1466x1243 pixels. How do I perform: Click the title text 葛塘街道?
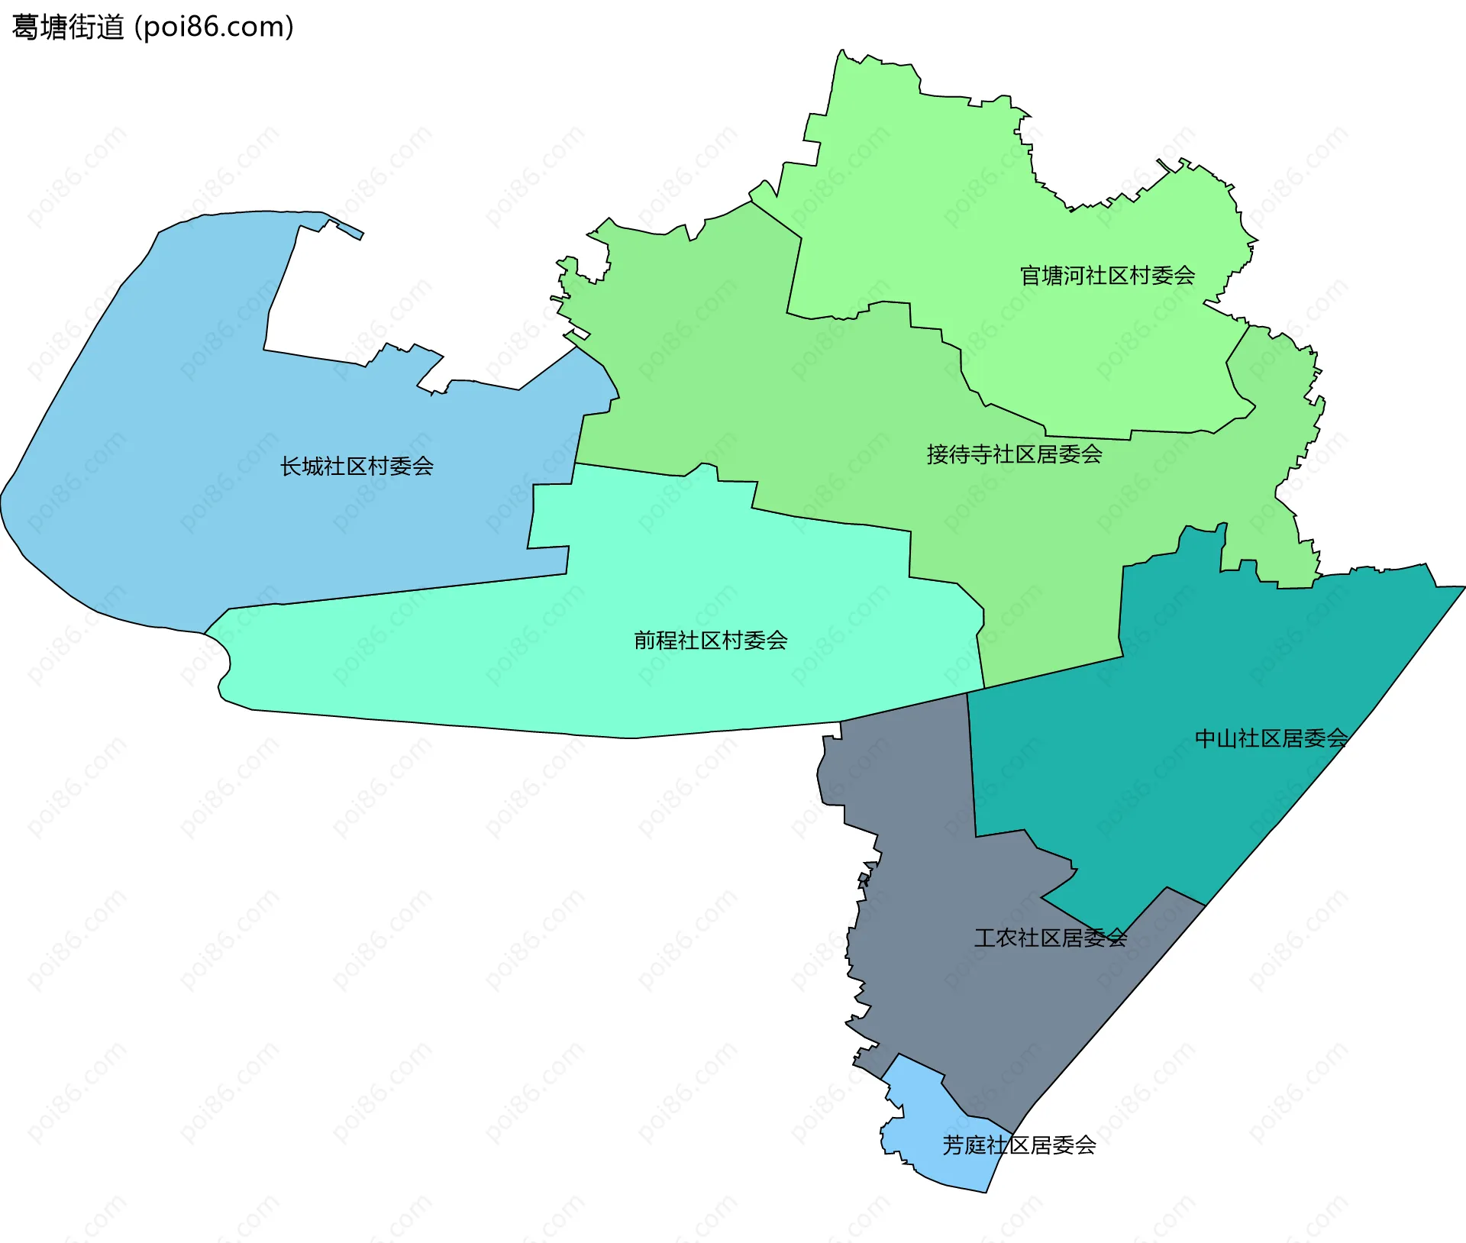(68, 27)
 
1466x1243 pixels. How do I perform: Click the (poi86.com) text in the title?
(214, 27)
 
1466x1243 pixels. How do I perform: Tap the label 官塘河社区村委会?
(1107, 276)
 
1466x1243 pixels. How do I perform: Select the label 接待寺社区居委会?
(1014, 454)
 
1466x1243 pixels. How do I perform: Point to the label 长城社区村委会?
(357, 466)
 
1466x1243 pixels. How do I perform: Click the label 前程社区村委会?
(710, 640)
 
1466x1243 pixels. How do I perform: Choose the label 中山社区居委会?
(1271, 738)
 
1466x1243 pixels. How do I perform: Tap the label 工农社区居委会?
(1050, 938)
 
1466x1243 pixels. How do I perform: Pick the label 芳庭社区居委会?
(1019, 1145)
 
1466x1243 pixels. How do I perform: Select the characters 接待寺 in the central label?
(959, 454)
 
